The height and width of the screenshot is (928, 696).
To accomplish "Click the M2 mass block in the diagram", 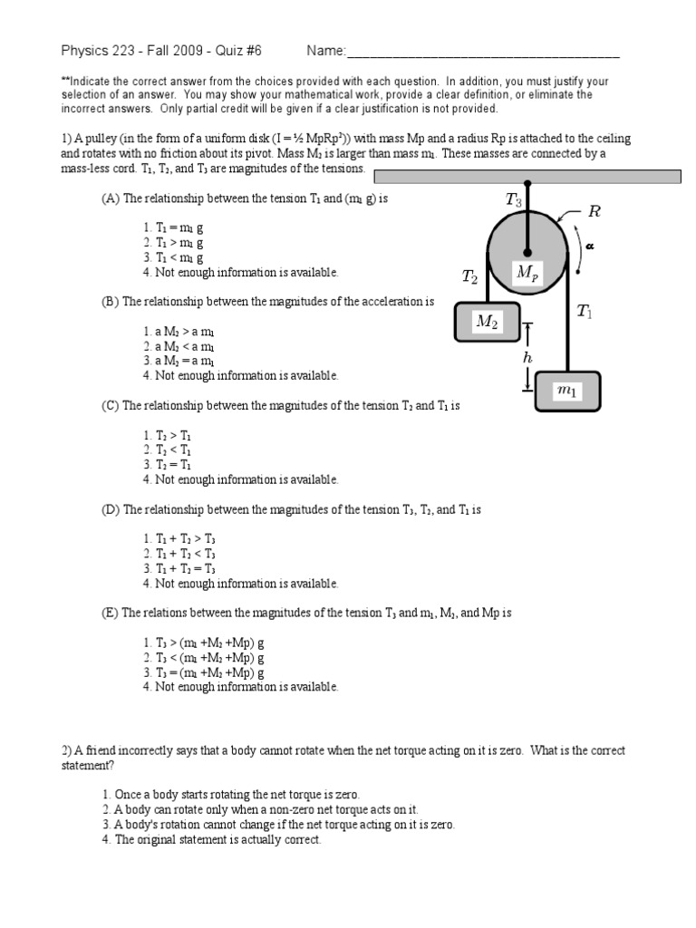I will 488,322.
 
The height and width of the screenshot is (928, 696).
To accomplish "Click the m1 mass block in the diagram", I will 567,391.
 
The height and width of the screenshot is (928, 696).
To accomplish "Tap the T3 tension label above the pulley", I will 513,201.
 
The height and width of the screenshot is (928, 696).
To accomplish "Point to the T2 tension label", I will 469,277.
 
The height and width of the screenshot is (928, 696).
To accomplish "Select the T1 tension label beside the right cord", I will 585,312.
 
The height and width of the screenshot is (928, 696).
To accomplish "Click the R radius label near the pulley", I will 594,212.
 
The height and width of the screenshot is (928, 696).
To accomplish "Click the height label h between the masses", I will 527,359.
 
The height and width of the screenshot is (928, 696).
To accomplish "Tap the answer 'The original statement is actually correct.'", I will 211,839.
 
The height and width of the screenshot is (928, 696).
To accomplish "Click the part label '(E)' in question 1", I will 110,614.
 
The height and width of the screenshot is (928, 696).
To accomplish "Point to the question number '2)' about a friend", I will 67,751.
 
